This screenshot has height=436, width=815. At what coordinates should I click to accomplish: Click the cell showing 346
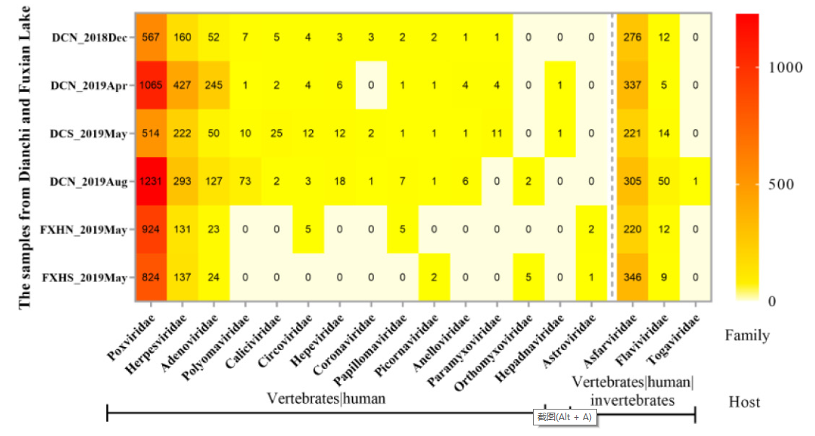tap(632, 278)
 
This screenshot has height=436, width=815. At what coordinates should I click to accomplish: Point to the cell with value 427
tap(183, 85)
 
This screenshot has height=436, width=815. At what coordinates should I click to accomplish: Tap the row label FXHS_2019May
tap(90, 278)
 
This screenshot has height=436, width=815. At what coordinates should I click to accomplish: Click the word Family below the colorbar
tap(747, 335)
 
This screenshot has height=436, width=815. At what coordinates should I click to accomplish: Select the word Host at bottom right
tap(744, 402)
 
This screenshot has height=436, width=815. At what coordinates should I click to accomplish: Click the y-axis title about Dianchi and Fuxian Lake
tap(25, 156)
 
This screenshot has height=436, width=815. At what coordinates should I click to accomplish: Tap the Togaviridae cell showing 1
tap(694, 181)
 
